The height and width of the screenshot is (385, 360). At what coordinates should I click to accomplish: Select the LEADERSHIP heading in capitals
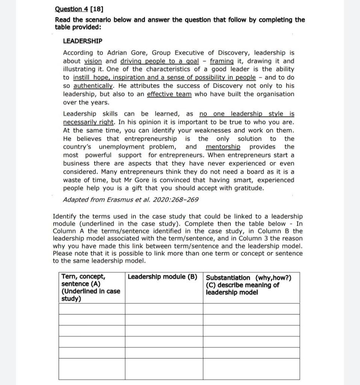(x=82, y=41)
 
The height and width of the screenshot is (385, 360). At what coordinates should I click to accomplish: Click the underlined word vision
(x=93, y=61)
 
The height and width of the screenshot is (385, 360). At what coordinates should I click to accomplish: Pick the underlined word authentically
(x=94, y=86)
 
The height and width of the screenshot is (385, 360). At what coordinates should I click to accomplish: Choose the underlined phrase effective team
(x=169, y=94)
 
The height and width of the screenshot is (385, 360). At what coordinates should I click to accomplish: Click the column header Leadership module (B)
(x=162, y=277)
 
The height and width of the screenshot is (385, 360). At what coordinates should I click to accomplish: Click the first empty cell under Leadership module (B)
(x=164, y=309)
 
